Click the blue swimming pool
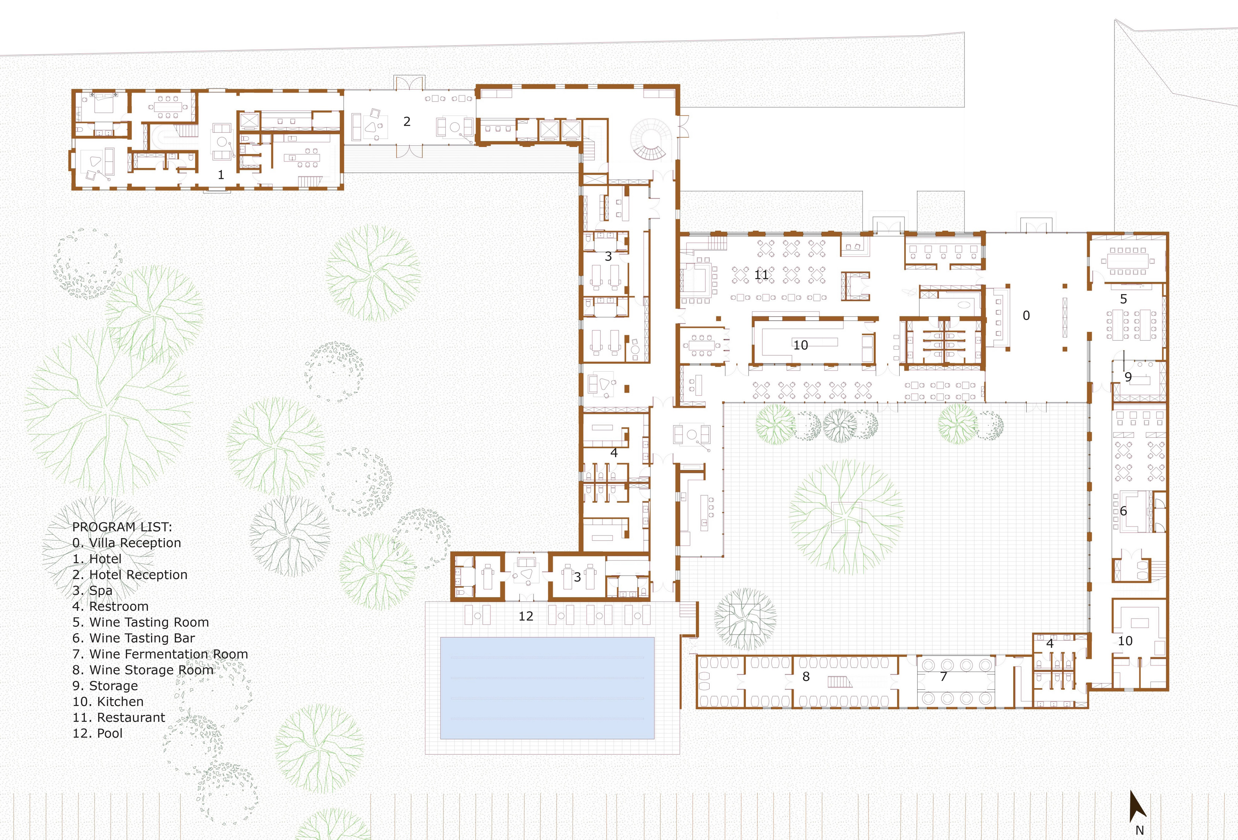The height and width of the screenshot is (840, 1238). pos(547,688)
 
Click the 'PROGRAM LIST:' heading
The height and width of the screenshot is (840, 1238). pos(122,527)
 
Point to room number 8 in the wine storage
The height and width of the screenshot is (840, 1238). pos(806,677)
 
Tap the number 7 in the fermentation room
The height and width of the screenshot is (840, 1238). pos(943,677)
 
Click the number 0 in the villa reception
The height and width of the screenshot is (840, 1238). pos(1026,316)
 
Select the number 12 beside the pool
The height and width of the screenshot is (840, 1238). pos(526,616)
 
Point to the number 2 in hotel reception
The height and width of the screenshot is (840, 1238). pos(407,121)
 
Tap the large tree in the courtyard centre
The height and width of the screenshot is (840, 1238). pos(846,516)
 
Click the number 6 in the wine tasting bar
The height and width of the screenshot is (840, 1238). pos(1123,511)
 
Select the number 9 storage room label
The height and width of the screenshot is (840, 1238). pos(1128,377)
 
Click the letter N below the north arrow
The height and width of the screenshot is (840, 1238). pos(1140,830)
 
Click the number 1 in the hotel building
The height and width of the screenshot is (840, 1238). pos(221,175)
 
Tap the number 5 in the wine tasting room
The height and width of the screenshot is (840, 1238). pos(1123,299)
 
